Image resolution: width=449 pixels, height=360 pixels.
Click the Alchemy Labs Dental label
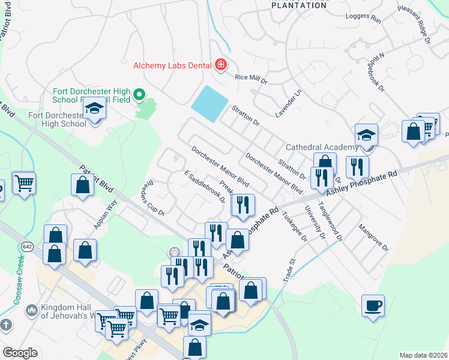tap(173, 65)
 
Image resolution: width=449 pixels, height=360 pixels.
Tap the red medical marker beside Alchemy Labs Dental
tap(221, 65)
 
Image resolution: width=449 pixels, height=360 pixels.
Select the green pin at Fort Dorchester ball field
tap(140, 94)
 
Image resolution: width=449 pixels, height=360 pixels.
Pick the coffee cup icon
tap(373, 306)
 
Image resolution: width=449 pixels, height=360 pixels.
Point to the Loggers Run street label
tap(368, 19)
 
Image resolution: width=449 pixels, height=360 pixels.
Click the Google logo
tap(20, 352)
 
